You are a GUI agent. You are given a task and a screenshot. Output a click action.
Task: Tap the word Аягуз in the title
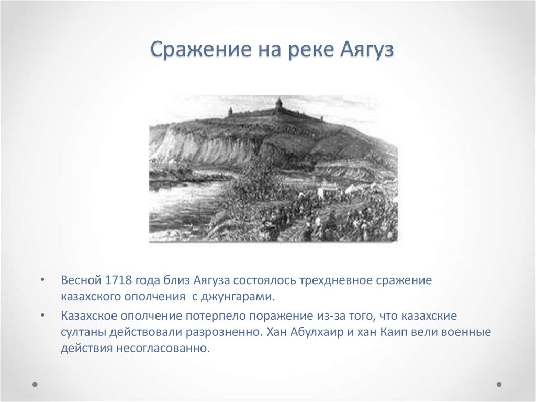[366, 51]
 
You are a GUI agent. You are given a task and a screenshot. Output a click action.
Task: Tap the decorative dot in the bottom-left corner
[35, 384]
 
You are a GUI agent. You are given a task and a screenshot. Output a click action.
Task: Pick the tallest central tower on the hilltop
[279, 103]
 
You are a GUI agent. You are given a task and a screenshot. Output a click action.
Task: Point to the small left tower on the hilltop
[230, 111]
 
